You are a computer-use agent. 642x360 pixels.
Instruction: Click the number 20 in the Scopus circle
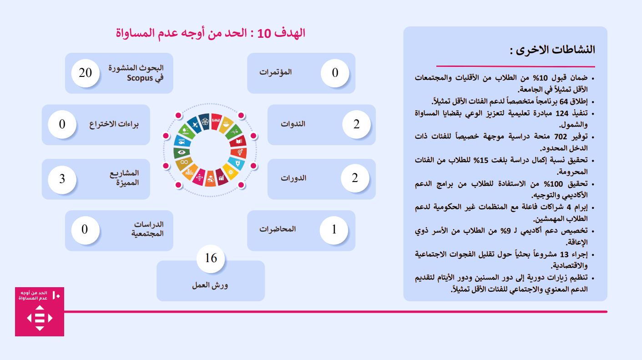[86, 73]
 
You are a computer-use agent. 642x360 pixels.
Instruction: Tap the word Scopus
[140, 78]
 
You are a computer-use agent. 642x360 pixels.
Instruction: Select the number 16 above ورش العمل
[211, 258]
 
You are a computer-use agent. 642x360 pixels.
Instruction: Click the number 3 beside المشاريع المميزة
[62, 179]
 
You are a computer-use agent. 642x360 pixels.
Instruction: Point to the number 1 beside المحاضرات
[334, 229]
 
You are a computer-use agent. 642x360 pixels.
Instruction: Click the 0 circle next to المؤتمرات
[335, 73]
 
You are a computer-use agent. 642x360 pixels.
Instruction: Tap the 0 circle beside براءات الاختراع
[62, 124]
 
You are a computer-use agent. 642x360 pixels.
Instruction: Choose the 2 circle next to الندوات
[357, 124]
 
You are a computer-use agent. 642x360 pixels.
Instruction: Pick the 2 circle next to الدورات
[355, 178]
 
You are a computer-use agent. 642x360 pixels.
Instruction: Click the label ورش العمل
[210, 285]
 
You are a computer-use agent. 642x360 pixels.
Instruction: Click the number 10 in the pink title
[264, 34]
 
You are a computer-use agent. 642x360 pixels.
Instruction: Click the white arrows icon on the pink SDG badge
[40, 318]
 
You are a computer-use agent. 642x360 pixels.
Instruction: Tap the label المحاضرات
[278, 229]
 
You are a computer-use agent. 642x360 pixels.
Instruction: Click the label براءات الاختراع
[114, 124]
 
